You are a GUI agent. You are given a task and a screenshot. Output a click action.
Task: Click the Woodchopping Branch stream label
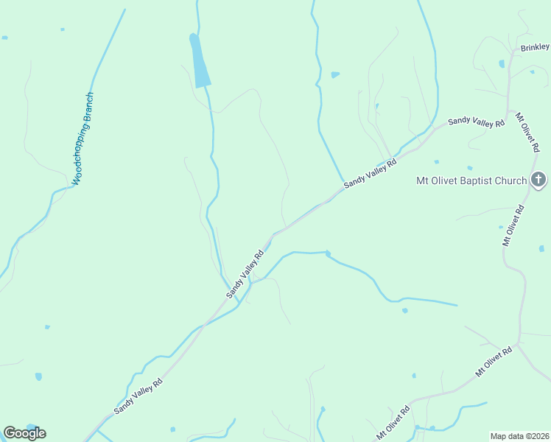pos(83,138)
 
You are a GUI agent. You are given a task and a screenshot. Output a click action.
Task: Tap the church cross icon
pos(538,180)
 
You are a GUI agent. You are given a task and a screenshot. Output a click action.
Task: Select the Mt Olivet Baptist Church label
pos(471,180)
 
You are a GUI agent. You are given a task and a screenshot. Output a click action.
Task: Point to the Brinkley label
pos(535,47)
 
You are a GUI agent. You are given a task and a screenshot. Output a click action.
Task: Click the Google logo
pos(24,432)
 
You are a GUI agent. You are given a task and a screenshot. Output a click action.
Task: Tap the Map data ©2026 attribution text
pos(520,436)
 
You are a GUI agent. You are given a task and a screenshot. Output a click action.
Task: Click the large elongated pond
pos(200,61)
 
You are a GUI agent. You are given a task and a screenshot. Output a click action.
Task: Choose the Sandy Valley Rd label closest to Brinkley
pos(476,122)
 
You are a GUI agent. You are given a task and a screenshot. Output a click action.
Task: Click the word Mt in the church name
pos(423,180)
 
